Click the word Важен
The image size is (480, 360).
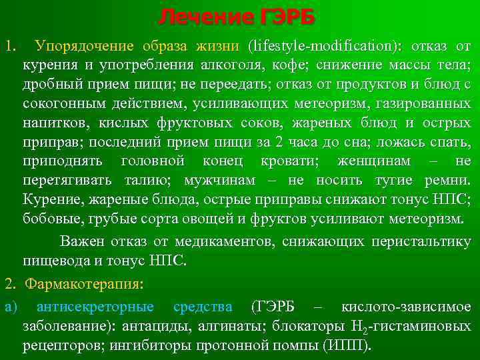pyautogui.click(x=81, y=241)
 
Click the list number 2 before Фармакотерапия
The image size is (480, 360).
pyautogui.click(x=8, y=283)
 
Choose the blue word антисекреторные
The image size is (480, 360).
pyautogui.click(x=95, y=307)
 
